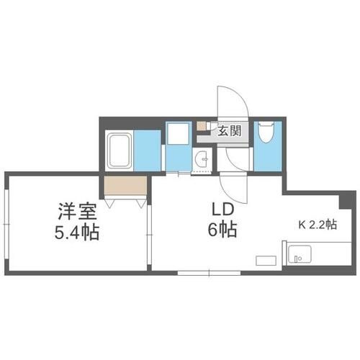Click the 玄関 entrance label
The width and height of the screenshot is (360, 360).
point(230,130)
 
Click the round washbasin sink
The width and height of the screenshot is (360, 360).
point(202,160)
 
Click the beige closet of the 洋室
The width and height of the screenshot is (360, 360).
point(125,186)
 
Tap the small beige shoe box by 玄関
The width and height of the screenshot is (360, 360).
point(202,126)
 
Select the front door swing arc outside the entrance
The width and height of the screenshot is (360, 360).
point(232,101)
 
